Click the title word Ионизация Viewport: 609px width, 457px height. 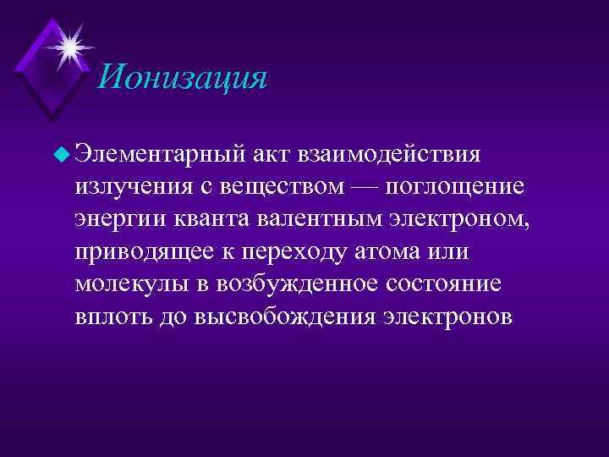[182, 78]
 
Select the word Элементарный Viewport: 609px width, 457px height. [172, 154]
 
